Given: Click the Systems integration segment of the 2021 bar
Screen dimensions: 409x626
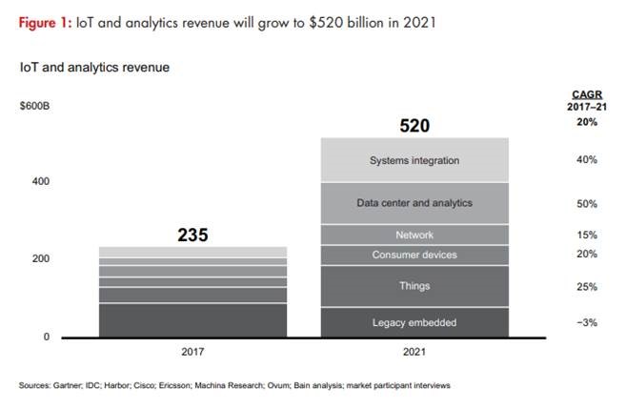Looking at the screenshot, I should (x=414, y=160).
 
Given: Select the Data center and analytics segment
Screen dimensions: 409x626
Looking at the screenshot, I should (x=414, y=203).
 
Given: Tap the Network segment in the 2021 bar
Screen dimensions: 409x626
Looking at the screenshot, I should (x=414, y=235).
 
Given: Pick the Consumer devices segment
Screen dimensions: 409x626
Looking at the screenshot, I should (x=414, y=255).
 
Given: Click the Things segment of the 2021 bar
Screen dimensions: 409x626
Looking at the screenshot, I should (x=414, y=286).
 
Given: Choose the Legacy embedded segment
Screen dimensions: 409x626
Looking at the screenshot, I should (x=414, y=322).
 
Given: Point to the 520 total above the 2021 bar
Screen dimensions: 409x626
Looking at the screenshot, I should (x=414, y=126).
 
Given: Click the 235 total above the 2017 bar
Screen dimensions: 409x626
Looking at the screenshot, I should (x=192, y=235).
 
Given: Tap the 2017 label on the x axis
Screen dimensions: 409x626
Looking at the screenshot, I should (x=192, y=352).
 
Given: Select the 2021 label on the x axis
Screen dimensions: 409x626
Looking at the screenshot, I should (x=414, y=352).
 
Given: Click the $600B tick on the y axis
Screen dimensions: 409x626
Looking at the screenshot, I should (x=34, y=105).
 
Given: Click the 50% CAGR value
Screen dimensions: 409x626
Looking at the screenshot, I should (x=586, y=204).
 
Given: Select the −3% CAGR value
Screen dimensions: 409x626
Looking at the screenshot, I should (x=586, y=323).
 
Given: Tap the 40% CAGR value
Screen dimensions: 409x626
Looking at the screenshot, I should (x=586, y=160).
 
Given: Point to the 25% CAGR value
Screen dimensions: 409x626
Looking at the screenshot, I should (x=586, y=286).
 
